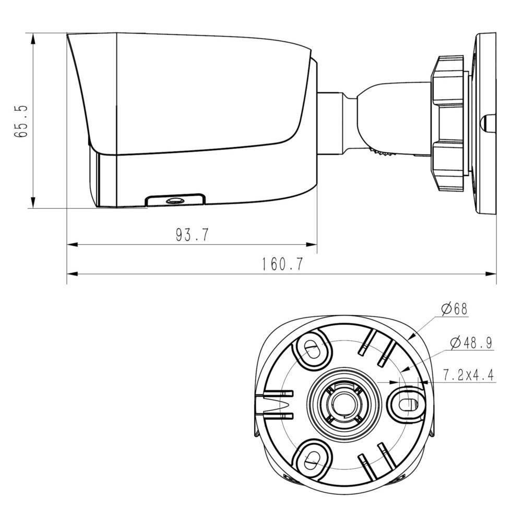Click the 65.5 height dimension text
tap(22, 121)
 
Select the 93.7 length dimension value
tap(192, 235)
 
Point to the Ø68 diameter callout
tap(453, 309)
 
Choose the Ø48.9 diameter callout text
tap(471, 342)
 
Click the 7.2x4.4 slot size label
tap(468, 375)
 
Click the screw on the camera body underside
tap(173, 200)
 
